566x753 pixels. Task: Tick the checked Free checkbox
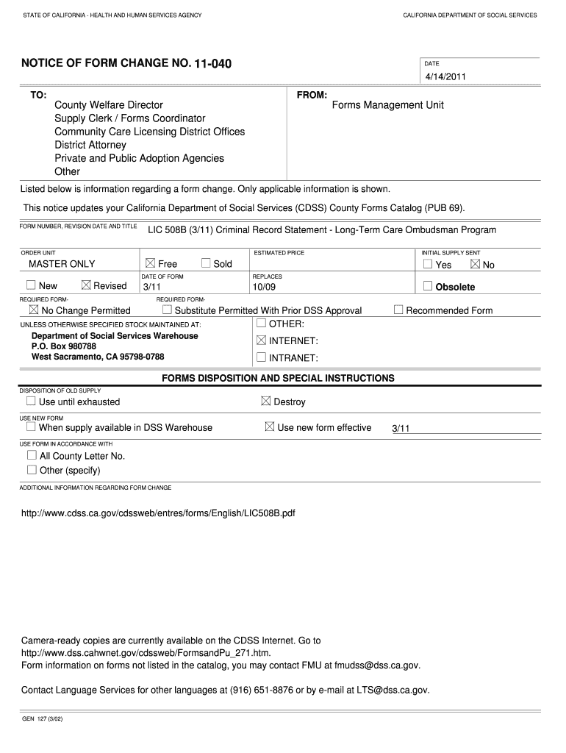[151, 263]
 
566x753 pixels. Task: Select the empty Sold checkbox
[206, 263]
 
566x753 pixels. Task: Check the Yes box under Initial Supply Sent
[428, 264]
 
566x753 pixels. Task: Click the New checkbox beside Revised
[31, 285]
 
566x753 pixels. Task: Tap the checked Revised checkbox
[86, 285]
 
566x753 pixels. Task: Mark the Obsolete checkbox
[428, 286]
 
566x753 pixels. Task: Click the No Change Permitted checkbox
[33, 310]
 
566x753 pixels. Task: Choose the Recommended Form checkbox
[398, 310]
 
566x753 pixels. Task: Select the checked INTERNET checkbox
[261, 340]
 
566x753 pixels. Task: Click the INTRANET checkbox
[261, 357]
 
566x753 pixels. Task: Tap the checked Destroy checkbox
[266, 402]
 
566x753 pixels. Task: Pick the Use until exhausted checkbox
[31, 402]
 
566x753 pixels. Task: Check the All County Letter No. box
[32, 455]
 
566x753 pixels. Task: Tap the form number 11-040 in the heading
[212, 64]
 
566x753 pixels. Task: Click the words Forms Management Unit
[387, 105]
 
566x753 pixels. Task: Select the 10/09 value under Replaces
[264, 287]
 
